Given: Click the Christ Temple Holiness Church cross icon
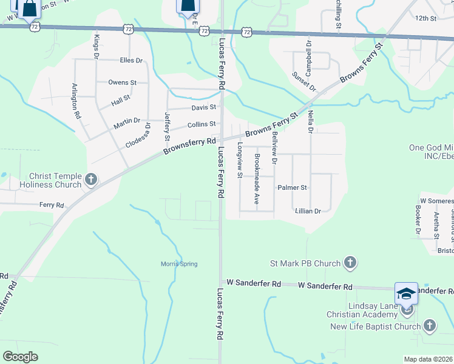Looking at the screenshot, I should click(91, 179).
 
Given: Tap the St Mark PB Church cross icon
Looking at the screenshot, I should click(350, 263).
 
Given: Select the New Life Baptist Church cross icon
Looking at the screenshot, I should click(429, 326).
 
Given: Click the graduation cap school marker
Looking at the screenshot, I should click(406, 294).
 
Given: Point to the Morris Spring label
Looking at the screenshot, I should click(179, 264).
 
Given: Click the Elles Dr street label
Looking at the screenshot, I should click(130, 61).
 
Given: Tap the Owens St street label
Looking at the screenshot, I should click(122, 83).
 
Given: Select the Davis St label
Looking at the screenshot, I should click(204, 108).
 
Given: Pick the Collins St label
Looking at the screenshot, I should click(202, 124).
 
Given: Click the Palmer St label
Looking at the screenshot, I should click(293, 188).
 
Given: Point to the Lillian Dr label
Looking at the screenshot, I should click(307, 211).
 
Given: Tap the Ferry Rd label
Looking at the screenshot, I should click(52, 206).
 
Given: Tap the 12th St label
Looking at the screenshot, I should click(426, 19).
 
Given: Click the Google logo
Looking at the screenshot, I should click(20, 357).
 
